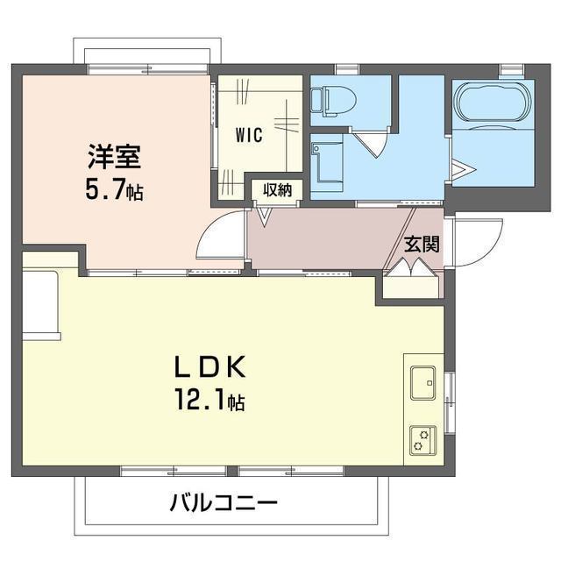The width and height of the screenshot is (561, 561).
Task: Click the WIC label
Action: [249, 135]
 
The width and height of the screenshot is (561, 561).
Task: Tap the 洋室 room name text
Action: [115, 156]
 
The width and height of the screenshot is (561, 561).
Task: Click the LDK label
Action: [210, 367]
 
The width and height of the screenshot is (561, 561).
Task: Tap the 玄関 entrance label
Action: [422, 245]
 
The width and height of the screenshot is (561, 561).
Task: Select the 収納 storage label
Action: [277, 190]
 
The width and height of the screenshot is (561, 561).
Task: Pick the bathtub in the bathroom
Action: [493, 103]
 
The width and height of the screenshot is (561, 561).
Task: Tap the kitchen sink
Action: [423, 383]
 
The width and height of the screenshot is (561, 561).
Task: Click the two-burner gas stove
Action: [423, 440]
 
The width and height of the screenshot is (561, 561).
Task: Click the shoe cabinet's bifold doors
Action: [411, 267]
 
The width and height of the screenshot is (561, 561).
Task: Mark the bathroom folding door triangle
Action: [463, 170]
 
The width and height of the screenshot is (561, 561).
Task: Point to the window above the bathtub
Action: [511, 69]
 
